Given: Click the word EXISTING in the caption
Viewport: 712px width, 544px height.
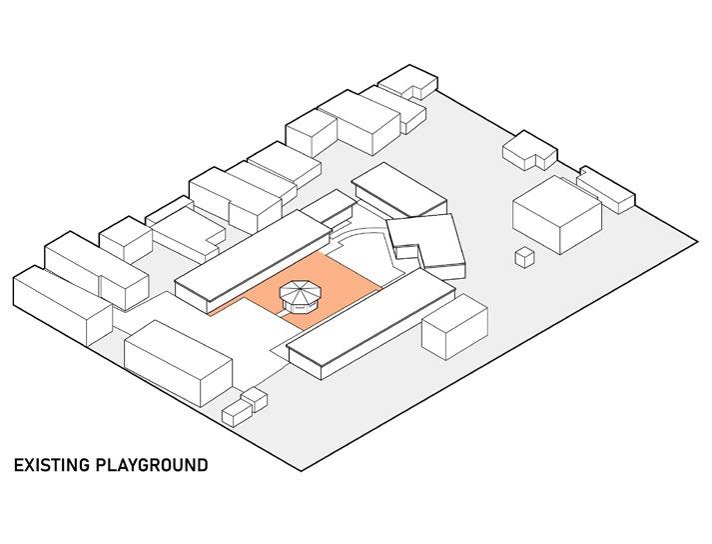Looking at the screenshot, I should click(51, 466).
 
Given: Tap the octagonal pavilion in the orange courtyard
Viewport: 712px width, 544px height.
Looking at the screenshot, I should click(300, 299).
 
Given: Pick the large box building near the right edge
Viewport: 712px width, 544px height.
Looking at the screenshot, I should click(555, 212).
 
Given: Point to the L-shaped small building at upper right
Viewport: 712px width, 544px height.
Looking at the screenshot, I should click(529, 150).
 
